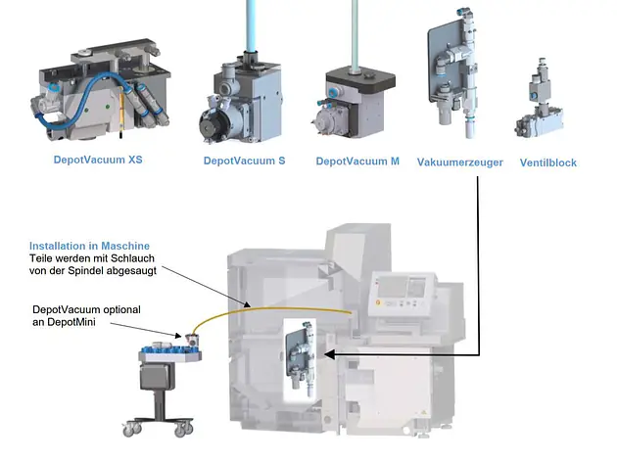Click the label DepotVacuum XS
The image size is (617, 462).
tap(98, 160)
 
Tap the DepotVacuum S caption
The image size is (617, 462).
tap(245, 161)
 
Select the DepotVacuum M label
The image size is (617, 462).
tap(357, 162)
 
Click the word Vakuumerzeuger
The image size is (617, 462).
tap(460, 162)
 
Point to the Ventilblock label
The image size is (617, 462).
tap(548, 162)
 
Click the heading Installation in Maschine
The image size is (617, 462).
tap(89, 246)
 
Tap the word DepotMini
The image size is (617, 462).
tap(71, 322)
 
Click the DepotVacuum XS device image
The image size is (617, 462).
tap(100, 90)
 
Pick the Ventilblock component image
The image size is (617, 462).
tap(539, 98)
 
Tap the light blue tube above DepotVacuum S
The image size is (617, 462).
tap(251, 25)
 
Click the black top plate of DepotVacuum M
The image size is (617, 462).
tap(360, 78)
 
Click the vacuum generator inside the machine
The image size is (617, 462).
tap(301, 356)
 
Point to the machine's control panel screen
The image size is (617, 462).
tap(391, 286)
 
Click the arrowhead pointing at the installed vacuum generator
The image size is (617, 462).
tap(329, 354)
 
